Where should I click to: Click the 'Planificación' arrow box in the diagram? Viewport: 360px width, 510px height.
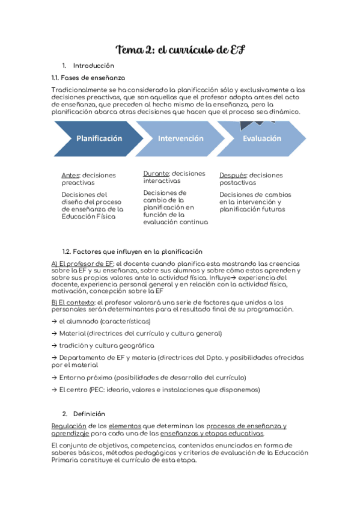(99, 138)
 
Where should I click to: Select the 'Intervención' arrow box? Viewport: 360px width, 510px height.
(180, 138)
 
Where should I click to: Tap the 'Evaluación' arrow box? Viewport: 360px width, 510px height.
(261, 138)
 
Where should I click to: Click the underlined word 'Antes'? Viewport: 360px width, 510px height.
(71, 175)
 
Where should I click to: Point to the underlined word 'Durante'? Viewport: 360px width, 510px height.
(156, 173)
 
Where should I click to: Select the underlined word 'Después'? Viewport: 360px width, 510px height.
(233, 175)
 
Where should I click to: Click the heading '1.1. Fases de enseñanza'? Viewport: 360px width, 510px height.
(89, 78)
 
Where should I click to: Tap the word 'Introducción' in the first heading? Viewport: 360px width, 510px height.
(93, 66)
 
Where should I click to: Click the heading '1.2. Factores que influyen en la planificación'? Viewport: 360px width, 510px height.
(132, 251)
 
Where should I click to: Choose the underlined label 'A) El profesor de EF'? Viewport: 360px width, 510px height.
(82, 264)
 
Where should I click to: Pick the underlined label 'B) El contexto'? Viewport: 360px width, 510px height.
(73, 302)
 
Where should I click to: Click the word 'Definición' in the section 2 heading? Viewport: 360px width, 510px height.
(89, 414)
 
